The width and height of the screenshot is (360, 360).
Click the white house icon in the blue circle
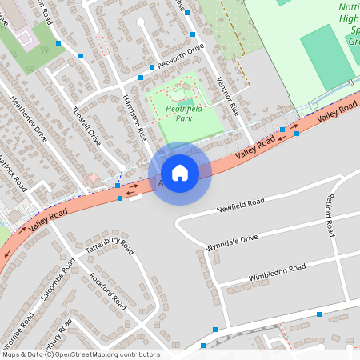tap(180, 173)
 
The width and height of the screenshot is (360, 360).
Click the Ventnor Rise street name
tap(228, 95)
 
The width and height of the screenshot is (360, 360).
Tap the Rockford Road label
tap(109, 291)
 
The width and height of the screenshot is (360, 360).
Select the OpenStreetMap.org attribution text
tap(101, 354)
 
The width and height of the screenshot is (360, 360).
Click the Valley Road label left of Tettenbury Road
tap(47, 220)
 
